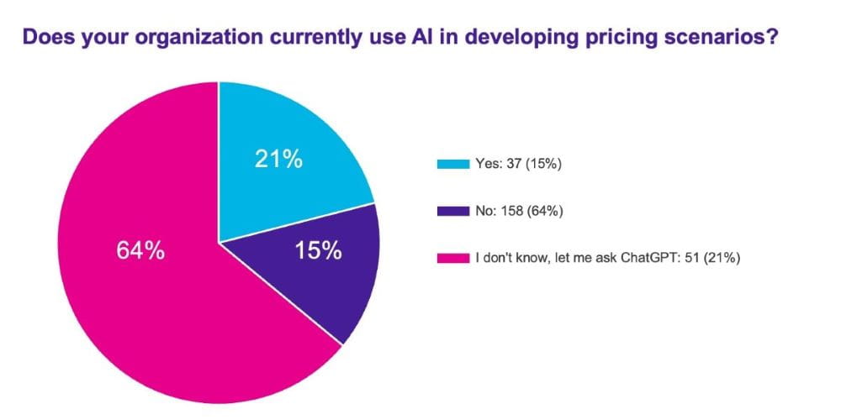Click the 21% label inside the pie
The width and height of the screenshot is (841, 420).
(278, 159)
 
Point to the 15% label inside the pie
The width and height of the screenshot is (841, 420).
(317, 250)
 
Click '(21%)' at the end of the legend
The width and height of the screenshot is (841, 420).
(721, 259)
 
